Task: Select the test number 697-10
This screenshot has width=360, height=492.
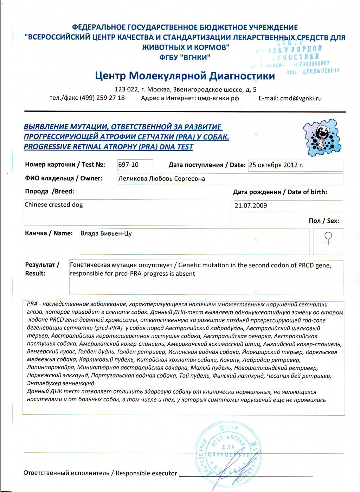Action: tap(128, 165)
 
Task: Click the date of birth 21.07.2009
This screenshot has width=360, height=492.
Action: tap(251, 206)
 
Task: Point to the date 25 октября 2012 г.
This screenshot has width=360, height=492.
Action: tap(276, 165)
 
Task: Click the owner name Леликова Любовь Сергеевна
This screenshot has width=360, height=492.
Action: tap(161, 179)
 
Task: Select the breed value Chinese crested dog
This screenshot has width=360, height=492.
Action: tap(54, 205)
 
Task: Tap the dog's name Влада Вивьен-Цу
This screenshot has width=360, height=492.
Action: tap(106, 234)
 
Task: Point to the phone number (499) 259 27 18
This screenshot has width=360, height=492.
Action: tap(102, 98)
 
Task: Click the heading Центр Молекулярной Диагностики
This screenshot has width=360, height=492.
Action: tap(185, 76)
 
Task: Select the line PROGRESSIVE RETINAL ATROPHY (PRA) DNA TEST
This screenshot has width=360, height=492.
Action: tap(108, 147)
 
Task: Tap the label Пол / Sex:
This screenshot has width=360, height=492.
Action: tap(324, 221)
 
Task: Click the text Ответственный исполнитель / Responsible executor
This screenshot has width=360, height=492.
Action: tap(100, 473)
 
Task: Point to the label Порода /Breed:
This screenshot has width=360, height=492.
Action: tap(50, 192)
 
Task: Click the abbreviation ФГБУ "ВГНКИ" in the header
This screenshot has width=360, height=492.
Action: tap(185, 57)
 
